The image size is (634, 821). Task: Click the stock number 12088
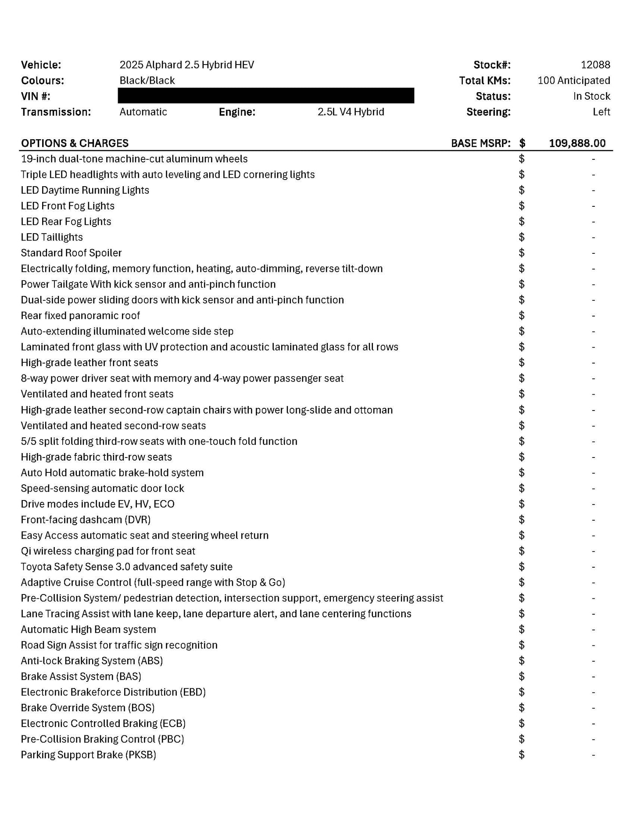[595, 65]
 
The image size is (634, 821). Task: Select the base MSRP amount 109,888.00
[577, 143]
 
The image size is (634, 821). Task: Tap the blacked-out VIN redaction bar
[266, 96]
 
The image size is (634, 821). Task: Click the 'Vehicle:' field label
[41, 65]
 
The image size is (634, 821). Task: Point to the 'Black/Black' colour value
[147, 80]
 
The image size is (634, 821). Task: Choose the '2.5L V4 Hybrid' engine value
[351, 112]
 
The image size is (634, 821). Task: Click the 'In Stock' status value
[591, 96]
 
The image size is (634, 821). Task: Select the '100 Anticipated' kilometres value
[573, 80]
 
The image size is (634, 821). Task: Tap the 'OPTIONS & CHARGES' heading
[75, 143]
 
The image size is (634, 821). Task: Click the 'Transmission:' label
[56, 112]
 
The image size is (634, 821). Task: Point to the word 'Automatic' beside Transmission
[143, 112]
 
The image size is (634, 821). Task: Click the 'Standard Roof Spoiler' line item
[71, 253]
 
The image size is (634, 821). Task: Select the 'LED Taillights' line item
[52, 237]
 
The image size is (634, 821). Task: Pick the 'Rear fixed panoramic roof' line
[80, 316]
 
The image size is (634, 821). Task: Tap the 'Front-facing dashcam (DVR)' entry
[86, 520]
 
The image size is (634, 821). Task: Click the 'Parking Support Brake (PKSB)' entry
[88, 755]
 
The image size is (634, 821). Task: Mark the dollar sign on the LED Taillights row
[521, 237]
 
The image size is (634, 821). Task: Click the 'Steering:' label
[488, 112]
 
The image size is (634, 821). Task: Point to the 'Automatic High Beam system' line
[88, 630]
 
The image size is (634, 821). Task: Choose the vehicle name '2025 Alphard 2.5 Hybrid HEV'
[186, 65]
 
